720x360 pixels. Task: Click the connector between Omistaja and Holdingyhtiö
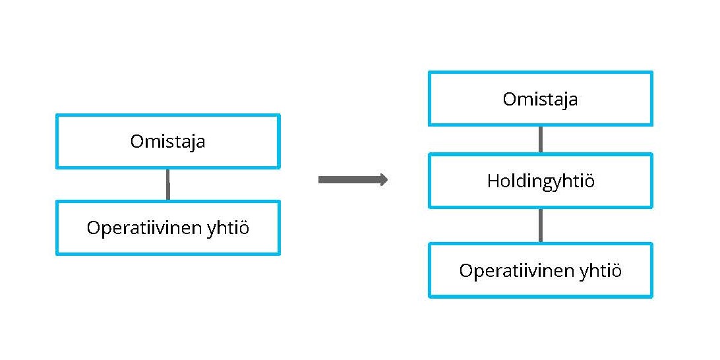pos(541,140)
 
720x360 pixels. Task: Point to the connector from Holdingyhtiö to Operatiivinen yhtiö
pos(541,225)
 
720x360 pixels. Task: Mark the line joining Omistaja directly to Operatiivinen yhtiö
pos(167,185)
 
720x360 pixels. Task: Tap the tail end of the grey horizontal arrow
pos(319,179)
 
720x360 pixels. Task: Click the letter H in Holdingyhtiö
pos(493,181)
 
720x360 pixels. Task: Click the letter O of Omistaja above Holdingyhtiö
pos(510,99)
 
